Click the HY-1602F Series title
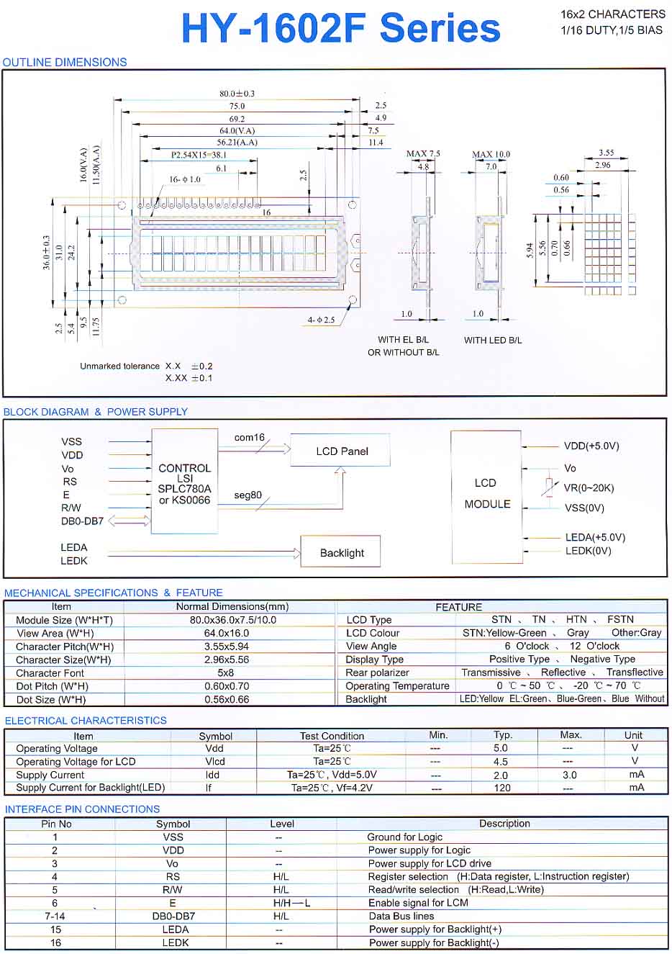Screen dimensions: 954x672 coord(340,29)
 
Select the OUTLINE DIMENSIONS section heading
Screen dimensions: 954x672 coord(65,63)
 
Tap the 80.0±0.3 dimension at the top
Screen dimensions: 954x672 coord(237,94)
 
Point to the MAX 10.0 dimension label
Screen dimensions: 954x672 coord(491,154)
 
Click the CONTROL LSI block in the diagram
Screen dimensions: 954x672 coord(184,483)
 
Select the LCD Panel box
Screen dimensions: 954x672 coord(341,451)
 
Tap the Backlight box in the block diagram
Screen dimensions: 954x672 coord(341,553)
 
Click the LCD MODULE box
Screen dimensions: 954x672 coord(486,494)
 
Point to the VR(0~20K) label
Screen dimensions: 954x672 coord(589,488)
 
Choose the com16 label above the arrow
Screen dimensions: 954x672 coord(249,437)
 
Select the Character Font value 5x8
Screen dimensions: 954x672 coord(225,673)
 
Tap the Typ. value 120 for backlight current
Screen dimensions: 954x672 coord(502,788)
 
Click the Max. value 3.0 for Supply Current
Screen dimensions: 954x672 coord(569,775)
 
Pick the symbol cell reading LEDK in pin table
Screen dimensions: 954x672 coord(175,942)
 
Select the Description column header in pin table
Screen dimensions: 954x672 coord(504,824)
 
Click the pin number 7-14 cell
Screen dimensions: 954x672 coord(55,916)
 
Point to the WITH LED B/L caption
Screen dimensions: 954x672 coord(493,340)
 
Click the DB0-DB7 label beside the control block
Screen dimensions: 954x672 coord(82,521)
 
